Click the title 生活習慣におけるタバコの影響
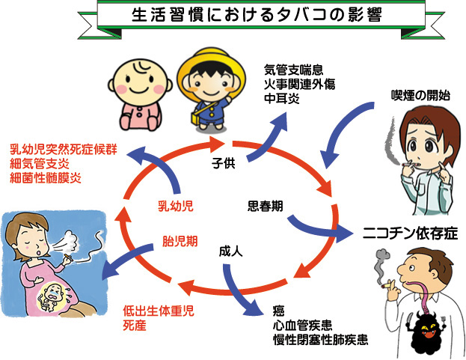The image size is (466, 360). click(256, 15)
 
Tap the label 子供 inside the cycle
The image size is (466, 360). click(223, 163)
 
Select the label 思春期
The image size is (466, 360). click(265, 206)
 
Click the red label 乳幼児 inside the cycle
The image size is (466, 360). click(176, 206)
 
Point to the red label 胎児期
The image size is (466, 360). click(180, 241)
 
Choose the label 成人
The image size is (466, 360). click(230, 251)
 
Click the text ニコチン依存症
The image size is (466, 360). click(410, 234)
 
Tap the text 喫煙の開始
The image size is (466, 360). click(420, 96)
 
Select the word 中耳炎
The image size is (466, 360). click(282, 98)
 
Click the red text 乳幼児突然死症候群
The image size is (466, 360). click(64, 149)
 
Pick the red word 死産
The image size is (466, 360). click(135, 326)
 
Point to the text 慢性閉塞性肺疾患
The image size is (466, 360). click(321, 340)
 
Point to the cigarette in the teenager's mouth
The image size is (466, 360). click(410, 165)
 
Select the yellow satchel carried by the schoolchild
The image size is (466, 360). click(197, 118)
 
